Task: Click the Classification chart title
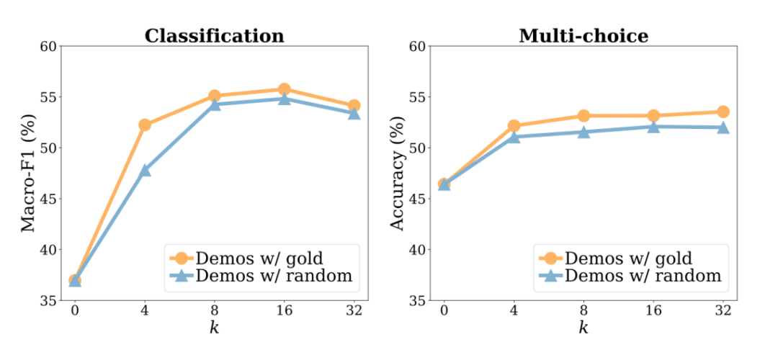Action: (214, 35)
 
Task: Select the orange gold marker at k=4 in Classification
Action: (145, 125)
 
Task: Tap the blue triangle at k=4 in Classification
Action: (145, 170)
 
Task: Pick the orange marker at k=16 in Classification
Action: (284, 89)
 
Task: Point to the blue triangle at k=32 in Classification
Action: (354, 112)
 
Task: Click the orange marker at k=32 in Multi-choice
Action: (723, 112)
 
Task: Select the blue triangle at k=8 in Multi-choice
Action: (583, 132)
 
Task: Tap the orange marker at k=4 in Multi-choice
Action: (514, 125)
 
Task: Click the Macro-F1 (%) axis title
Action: (27, 173)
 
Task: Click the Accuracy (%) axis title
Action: (397, 173)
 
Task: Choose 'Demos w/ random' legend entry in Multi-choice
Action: (627, 275)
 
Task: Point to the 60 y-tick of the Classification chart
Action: (47, 46)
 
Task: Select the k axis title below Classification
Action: (214, 329)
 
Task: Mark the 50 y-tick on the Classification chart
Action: (47, 148)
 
